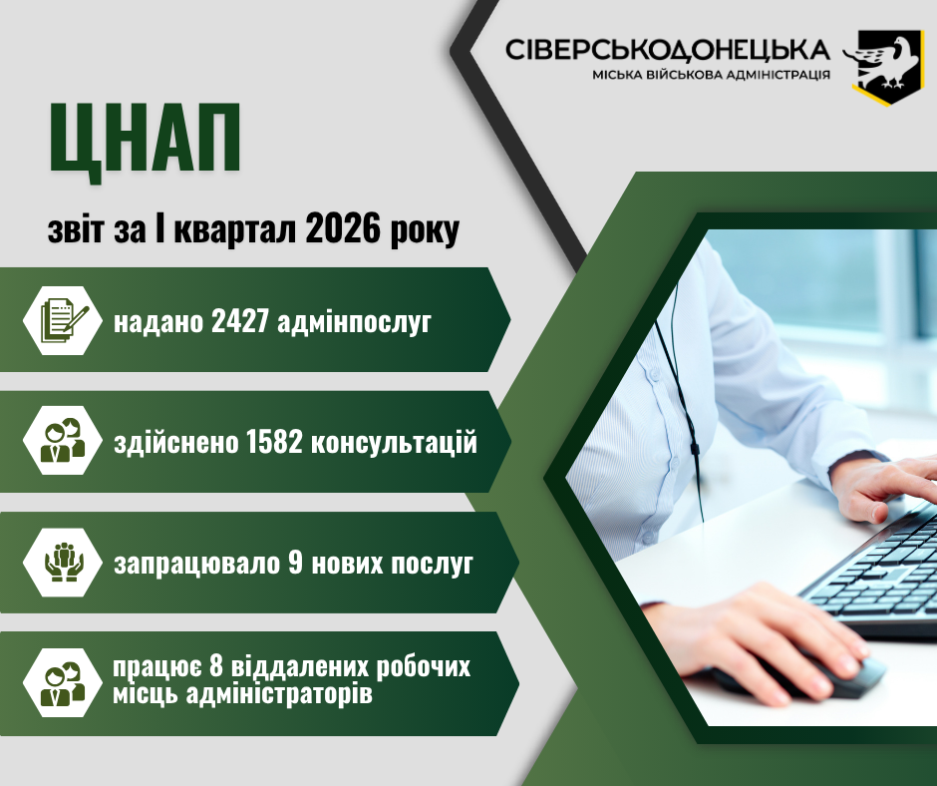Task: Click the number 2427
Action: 238,322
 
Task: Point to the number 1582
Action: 274,443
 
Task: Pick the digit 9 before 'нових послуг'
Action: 295,563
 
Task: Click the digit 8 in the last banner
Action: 215,666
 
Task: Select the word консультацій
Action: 395,443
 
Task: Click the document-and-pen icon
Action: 64,320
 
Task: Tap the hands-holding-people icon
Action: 64,563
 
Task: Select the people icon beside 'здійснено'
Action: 63,441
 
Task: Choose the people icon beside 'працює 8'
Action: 63,683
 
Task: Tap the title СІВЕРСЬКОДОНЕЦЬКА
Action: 668,51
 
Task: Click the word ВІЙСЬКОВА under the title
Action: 683,75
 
